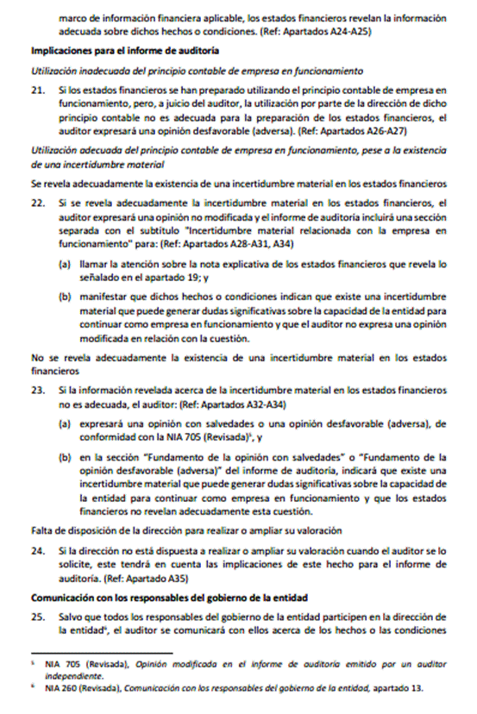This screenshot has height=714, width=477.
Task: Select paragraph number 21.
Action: [x=37, y=90]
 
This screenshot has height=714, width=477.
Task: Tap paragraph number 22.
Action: [x=37, y=202]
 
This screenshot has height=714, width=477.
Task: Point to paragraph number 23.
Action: [x=37, y=391]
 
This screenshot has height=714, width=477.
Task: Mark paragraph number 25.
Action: [x=37, y=617]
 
